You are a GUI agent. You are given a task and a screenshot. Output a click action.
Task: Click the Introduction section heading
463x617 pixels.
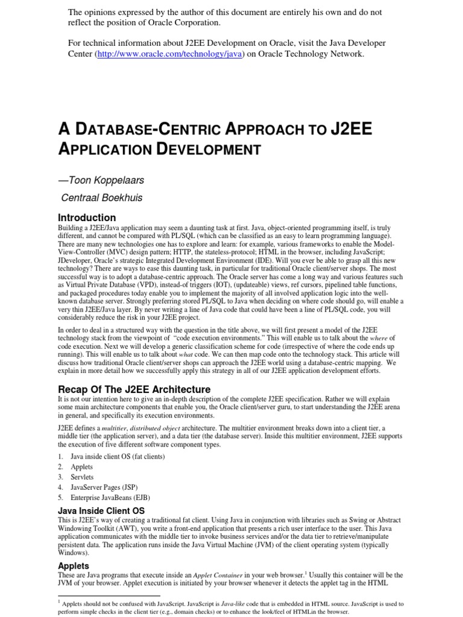coord(87,218)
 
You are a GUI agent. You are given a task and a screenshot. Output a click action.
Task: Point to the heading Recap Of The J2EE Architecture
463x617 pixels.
coord(134,389)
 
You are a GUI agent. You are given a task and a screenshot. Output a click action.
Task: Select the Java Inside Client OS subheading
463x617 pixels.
coord(101,511)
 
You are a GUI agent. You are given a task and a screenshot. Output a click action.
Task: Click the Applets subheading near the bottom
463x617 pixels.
coord(74,566)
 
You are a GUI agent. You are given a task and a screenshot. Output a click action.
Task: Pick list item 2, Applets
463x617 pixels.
coord(81,466)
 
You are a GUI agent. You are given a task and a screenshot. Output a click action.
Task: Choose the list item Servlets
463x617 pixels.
coord(82,477)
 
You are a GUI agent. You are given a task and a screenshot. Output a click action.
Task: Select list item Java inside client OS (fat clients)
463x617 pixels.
coord(109,456)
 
